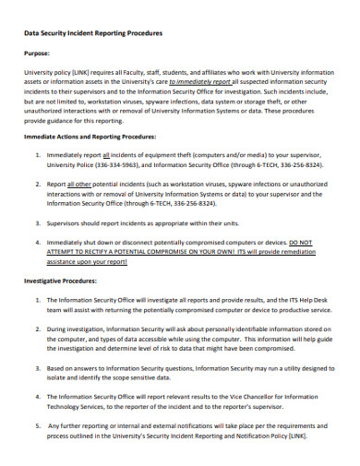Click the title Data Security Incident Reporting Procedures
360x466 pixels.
point(92,33)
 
